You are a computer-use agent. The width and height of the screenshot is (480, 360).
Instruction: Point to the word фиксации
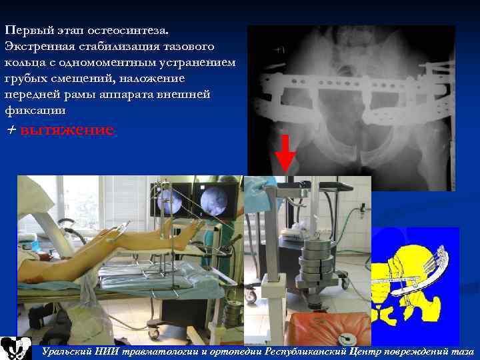click(x=35, y=109)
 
